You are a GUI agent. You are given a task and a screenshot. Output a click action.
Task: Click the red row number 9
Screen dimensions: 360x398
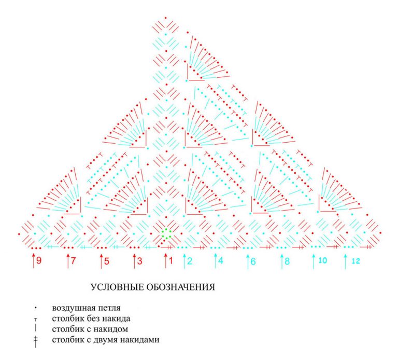click(39, 261)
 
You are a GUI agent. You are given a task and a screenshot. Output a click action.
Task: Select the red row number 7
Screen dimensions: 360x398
click(74, 261)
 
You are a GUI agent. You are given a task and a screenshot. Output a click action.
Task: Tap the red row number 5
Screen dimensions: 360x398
click(106, 261)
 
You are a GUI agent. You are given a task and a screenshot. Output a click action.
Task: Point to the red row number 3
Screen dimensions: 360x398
click(139, 261)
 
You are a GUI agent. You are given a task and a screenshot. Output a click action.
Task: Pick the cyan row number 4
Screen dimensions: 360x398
click(221, 261)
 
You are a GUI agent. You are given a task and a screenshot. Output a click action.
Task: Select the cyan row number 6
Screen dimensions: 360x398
click(253, 261)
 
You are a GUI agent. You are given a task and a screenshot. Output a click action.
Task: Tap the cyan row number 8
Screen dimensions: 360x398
click(287, 261)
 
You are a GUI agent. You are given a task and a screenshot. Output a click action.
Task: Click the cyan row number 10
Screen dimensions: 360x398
click(322, 261)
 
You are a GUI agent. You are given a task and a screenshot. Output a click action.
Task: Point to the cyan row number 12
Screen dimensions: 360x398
click(355, 261)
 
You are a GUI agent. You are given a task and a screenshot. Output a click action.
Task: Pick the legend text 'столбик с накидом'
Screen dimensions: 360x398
click(83, 329)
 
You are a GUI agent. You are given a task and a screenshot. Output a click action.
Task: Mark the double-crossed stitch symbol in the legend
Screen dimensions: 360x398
click(35, 341)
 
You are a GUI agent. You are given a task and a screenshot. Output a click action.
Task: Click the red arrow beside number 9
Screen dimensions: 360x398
click(33, 260)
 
